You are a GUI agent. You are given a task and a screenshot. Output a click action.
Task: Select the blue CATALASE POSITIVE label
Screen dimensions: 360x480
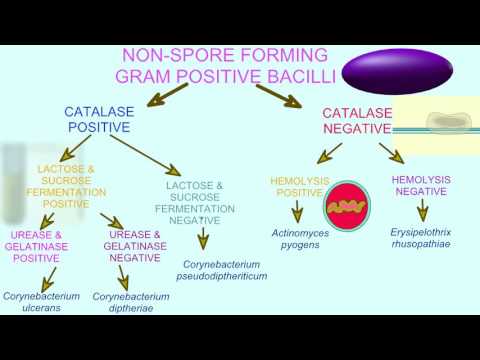98,120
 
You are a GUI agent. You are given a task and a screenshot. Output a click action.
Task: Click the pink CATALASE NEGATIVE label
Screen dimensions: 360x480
356,121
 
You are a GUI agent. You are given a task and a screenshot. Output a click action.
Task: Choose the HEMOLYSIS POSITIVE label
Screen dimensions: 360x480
297,186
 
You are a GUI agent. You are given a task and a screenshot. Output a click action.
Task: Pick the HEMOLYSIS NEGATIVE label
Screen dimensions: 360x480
421,185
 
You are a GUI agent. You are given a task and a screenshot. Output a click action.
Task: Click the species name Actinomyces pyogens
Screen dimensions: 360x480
299,239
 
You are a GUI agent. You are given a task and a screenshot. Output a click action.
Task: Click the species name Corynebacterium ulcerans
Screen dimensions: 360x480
41,302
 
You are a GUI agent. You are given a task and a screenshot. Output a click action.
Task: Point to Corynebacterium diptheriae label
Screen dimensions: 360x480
131,302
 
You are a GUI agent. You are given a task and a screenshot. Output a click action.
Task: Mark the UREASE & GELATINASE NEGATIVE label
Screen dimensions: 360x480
134,246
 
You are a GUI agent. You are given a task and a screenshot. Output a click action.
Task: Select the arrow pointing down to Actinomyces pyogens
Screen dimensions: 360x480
297,212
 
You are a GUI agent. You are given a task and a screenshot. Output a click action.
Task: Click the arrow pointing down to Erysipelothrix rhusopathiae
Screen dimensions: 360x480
422,210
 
